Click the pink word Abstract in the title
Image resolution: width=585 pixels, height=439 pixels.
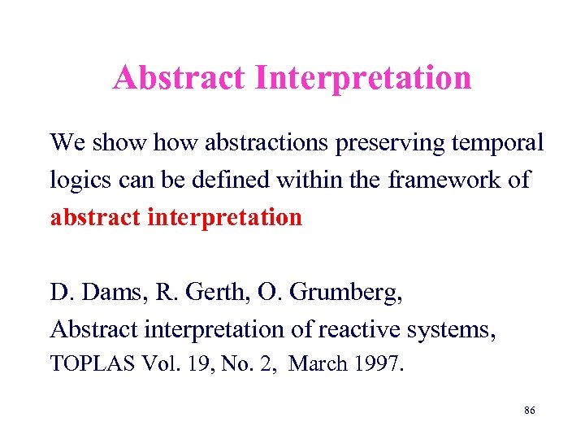pyautogui.click(x=180, y=78)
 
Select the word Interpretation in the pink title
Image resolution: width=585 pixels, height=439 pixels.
pyautogui.click(x=362, y=79)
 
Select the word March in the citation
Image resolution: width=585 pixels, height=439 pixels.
pyautogui.click(x=318, y=364)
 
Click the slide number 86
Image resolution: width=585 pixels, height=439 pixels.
pyautogui.click(x=529, y=411)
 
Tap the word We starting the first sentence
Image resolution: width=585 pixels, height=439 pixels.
pyautogui.click(x=67, y=143)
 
